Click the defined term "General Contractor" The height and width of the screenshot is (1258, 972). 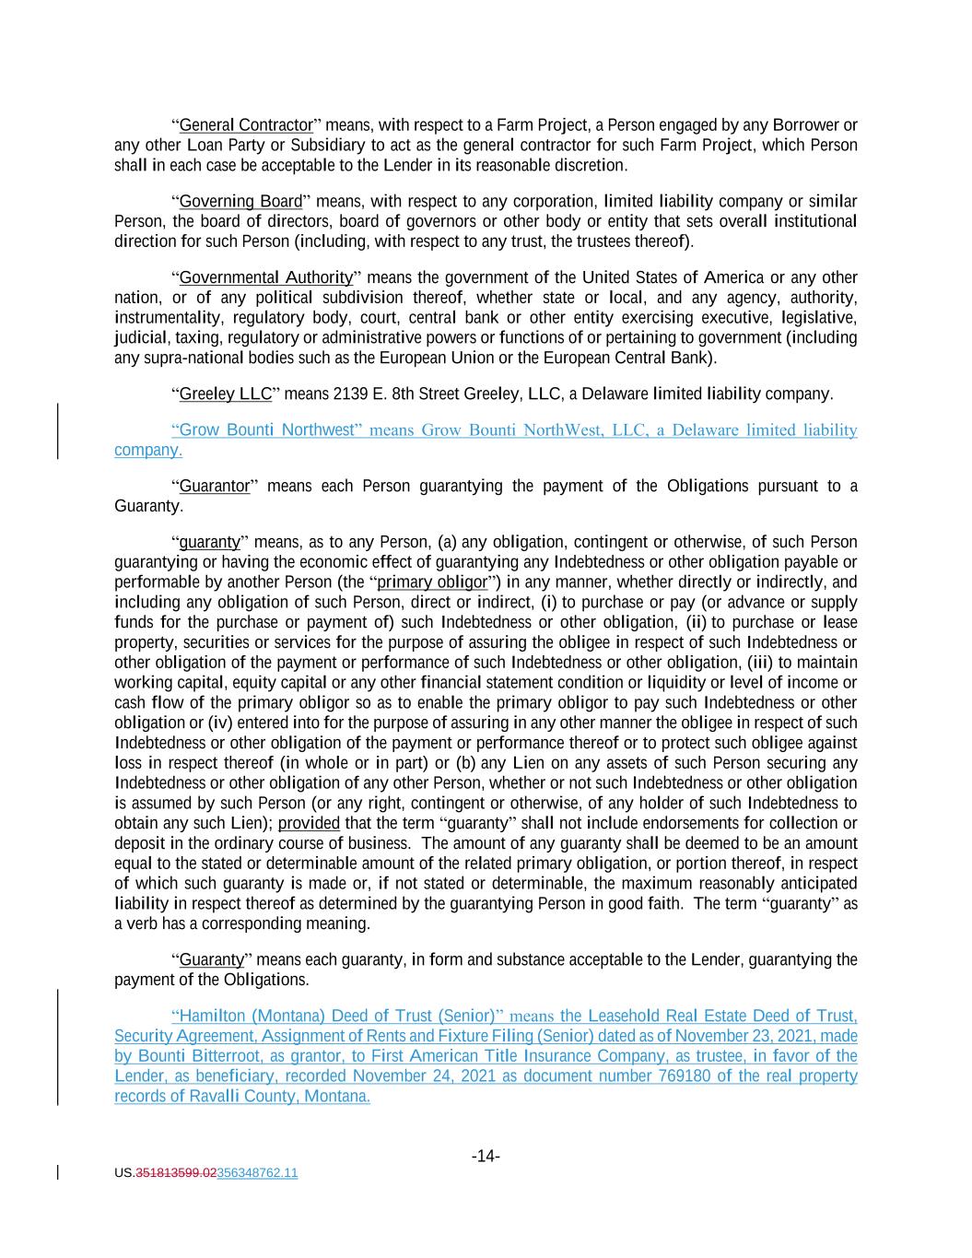pyautogui.click(x=246, y=125)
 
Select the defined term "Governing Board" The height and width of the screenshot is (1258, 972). pyautogui.click(x=240, y=202)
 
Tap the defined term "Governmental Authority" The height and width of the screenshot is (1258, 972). pyautogui.click(x=265, y=278)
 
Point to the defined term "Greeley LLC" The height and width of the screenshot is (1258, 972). pyautogui.click(x=226, y=394)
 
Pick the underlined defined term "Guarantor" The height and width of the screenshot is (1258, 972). pyautogui.click(x=215, y=487)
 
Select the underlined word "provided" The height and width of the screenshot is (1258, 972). pyautogui.click(x=309, y=824)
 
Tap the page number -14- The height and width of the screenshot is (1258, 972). pyautogui.click(x=486, y=1157)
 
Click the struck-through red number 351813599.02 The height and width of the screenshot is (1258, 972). pyautogui.click(x=176, y=1173)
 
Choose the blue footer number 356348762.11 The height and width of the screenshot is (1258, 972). pyautogui.click(x=257, y=1173)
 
